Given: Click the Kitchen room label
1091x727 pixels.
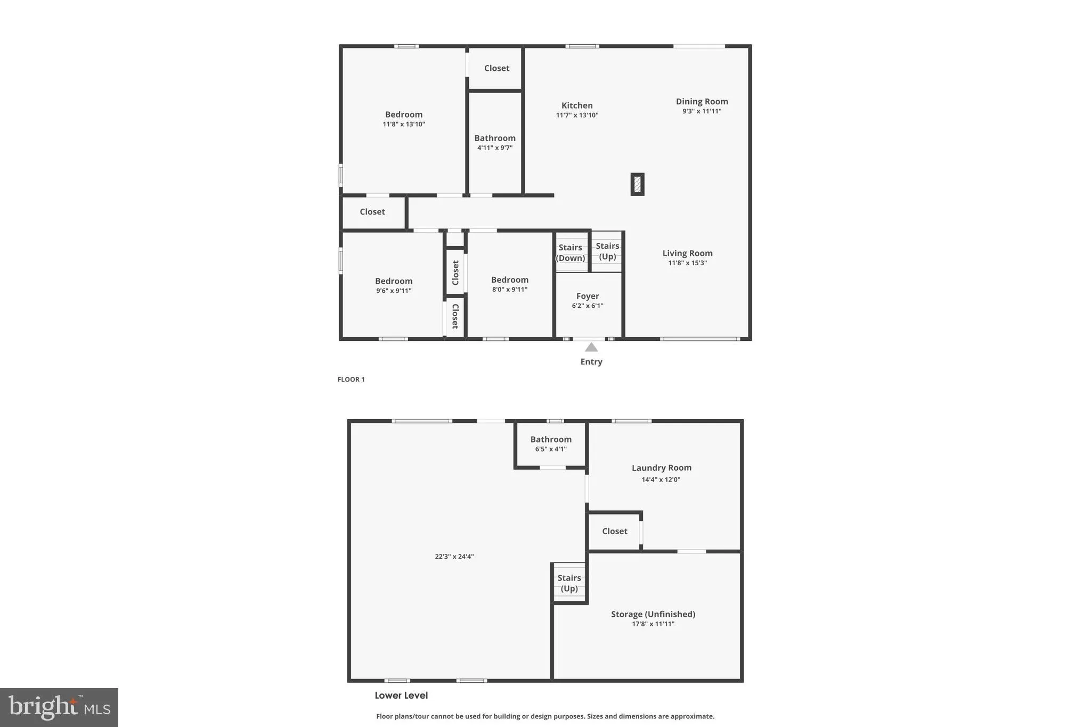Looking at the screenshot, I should pyautogui.click(x=577, y=105).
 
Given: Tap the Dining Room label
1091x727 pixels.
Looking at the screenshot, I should pyautogui.click(x=702, y=101).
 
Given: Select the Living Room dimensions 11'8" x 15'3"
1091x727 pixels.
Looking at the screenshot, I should pyautogui.click(x=687, y=263).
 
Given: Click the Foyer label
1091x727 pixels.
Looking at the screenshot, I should pyautogui.click(x=588, y=296).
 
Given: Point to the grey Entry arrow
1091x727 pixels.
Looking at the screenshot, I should pyautogui.click(x=591, y=347).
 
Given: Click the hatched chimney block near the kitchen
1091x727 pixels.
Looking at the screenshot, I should pyautogui.click(x=637, y=184).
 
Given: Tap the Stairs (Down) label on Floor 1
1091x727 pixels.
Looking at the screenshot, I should pyautogui.click(x=570, y=253).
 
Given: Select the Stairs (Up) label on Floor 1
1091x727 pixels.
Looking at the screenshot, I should pyautogui.click(x=607, y=251).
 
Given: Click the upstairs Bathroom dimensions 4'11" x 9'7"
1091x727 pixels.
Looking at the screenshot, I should pyautogui.click(x=495, y=148).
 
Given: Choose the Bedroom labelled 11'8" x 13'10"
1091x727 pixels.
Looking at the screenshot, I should pyautogui.click(x=404, y=115).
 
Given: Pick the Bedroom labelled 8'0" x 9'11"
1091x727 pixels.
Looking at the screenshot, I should pyautogui.click(x=510, y=280).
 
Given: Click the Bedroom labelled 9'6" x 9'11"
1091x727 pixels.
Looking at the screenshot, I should pyautogui.click(x=394, y=281).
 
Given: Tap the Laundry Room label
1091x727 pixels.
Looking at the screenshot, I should pyautogui.click(x=662, y=468).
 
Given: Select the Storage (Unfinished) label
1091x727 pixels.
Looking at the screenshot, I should pyautogui.click(x=653, y=614).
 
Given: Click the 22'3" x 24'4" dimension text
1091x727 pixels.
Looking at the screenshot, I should pyautogui.click(x=454, y=557).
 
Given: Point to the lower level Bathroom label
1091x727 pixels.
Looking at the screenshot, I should pyautogui.click(x=551, y=439).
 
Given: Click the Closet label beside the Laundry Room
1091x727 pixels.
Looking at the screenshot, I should pyautogui.click(x=615, y=531).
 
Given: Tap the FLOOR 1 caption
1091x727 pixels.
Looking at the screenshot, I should pyautogui.click(x=351, y=379).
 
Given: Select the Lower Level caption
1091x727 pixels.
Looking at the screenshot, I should pyautogui.click(x=401, y=695).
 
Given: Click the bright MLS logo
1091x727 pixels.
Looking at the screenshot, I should pyautogui.click(x=59, y=707).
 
